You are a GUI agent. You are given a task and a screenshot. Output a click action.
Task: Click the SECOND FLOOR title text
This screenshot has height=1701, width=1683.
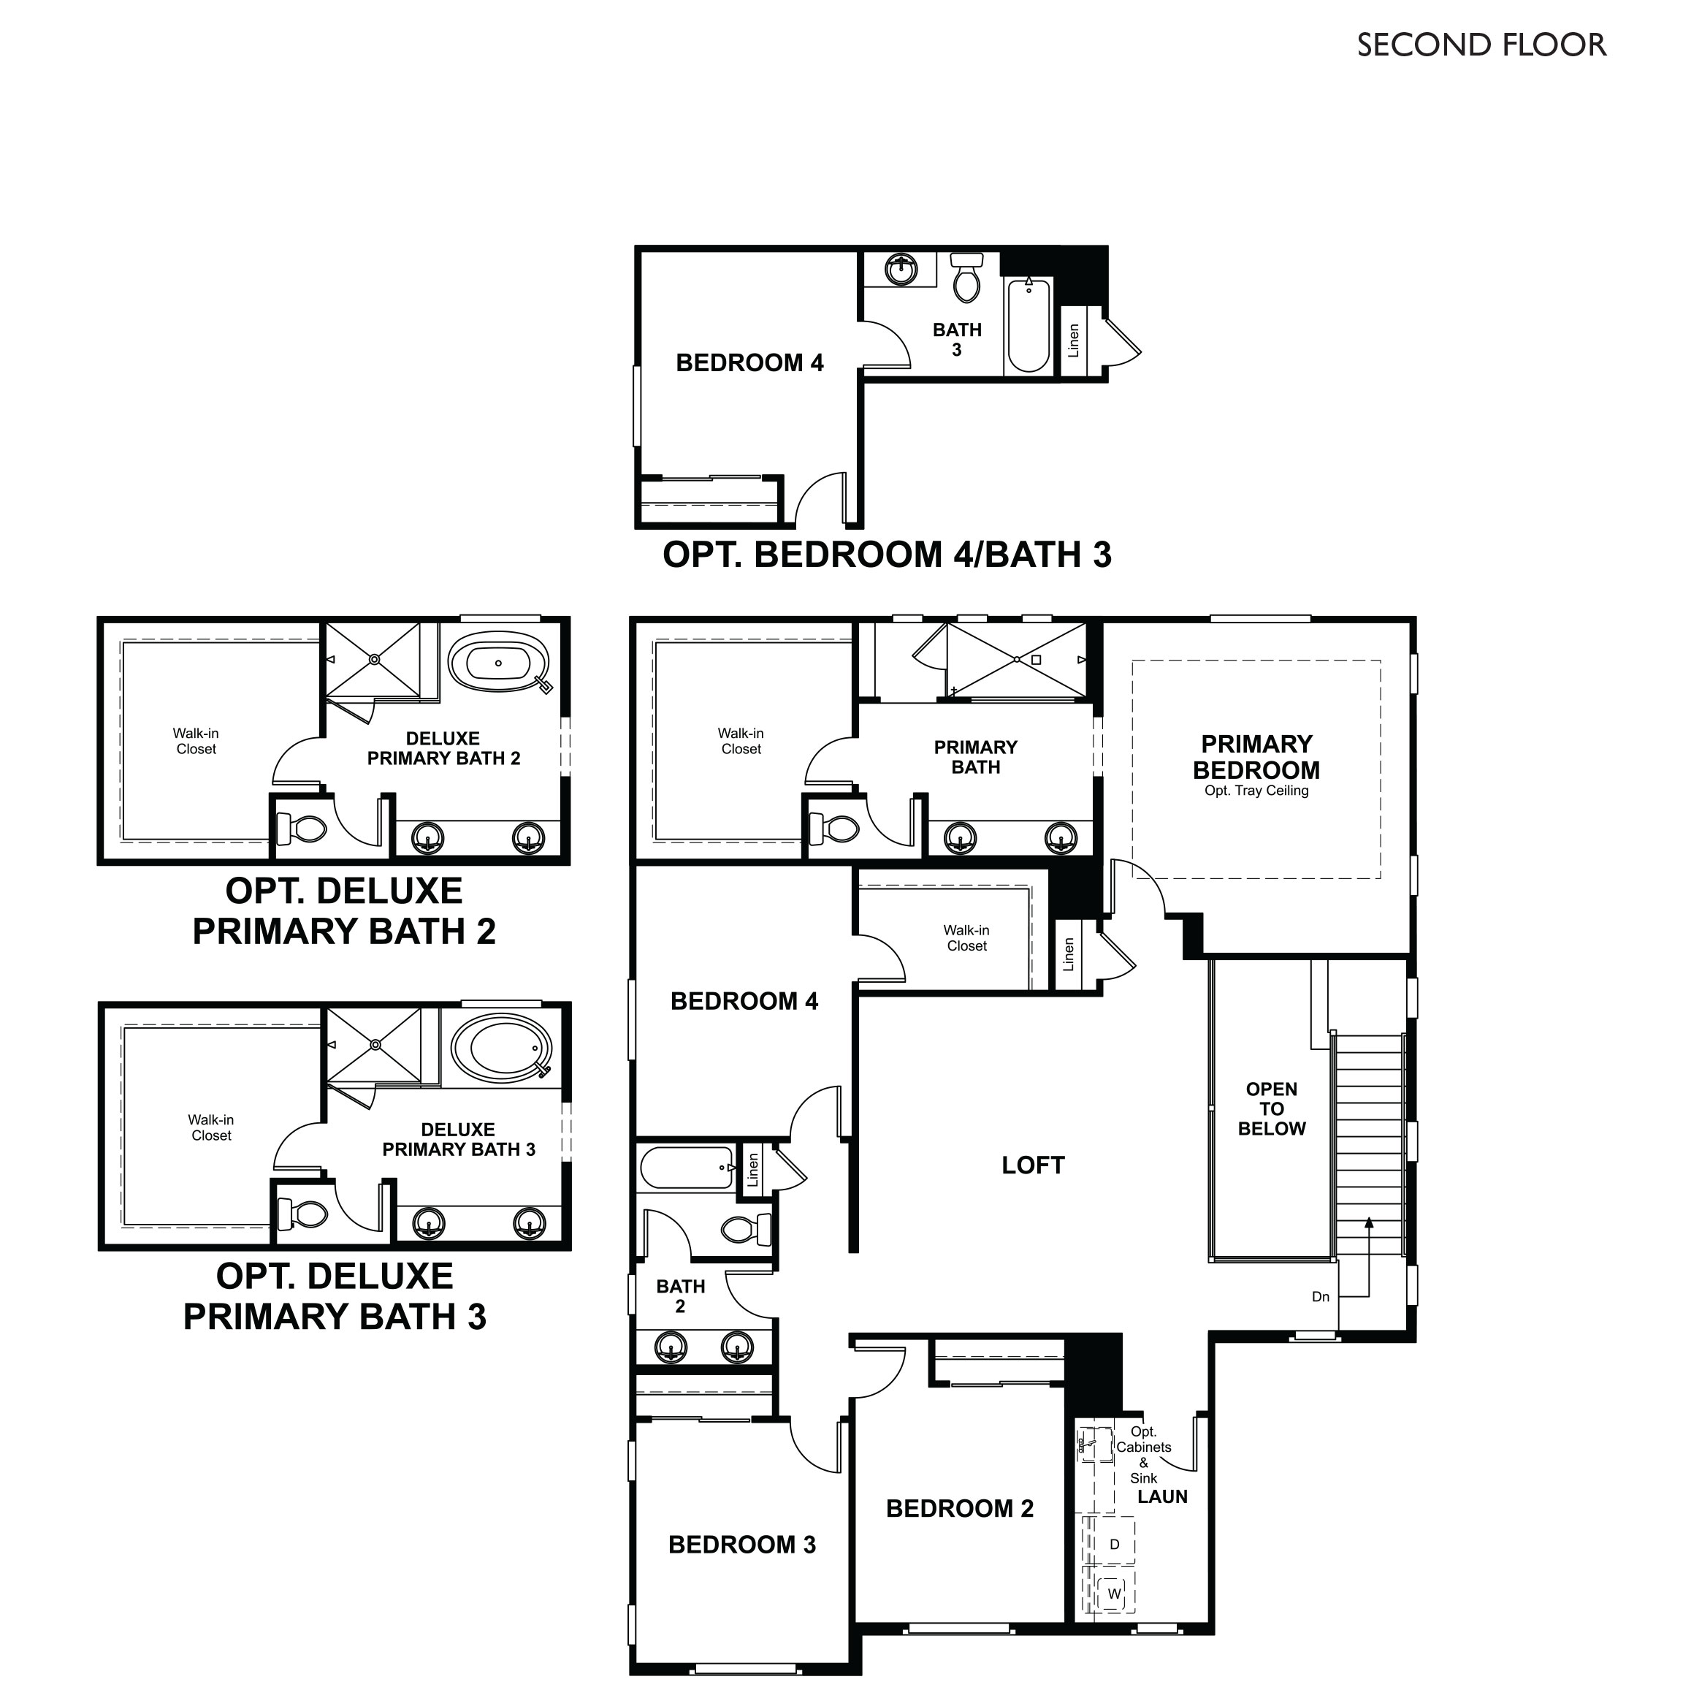(1481, 45)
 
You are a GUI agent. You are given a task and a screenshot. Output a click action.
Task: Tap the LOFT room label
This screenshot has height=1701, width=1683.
(1032, 1165)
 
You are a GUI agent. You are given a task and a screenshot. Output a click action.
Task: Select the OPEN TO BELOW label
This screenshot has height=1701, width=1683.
(1271, 1108)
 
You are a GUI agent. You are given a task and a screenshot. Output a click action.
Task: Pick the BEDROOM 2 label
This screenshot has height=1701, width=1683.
(959, 1508)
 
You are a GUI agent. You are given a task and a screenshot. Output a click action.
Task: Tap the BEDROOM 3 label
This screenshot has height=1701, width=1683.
(741, 1545)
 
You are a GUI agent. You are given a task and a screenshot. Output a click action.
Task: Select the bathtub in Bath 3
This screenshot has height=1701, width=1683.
(1028, 327)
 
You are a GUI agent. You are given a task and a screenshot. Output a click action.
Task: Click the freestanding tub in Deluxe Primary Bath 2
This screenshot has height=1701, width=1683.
(498, 661)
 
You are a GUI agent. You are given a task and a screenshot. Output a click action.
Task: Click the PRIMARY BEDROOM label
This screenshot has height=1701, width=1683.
(1256, 756)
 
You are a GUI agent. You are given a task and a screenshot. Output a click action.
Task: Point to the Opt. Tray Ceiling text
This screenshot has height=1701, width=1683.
(1256, 791)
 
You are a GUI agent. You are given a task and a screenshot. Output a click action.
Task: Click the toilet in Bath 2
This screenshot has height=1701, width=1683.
(747, 1229)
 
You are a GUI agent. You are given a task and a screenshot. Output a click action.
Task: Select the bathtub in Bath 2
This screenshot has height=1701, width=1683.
(686, 1168)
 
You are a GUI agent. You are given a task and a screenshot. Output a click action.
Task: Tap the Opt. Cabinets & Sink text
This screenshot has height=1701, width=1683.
(1143, 1455)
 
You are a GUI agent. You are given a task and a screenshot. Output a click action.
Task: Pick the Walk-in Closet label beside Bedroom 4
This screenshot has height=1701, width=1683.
(966, 937)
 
